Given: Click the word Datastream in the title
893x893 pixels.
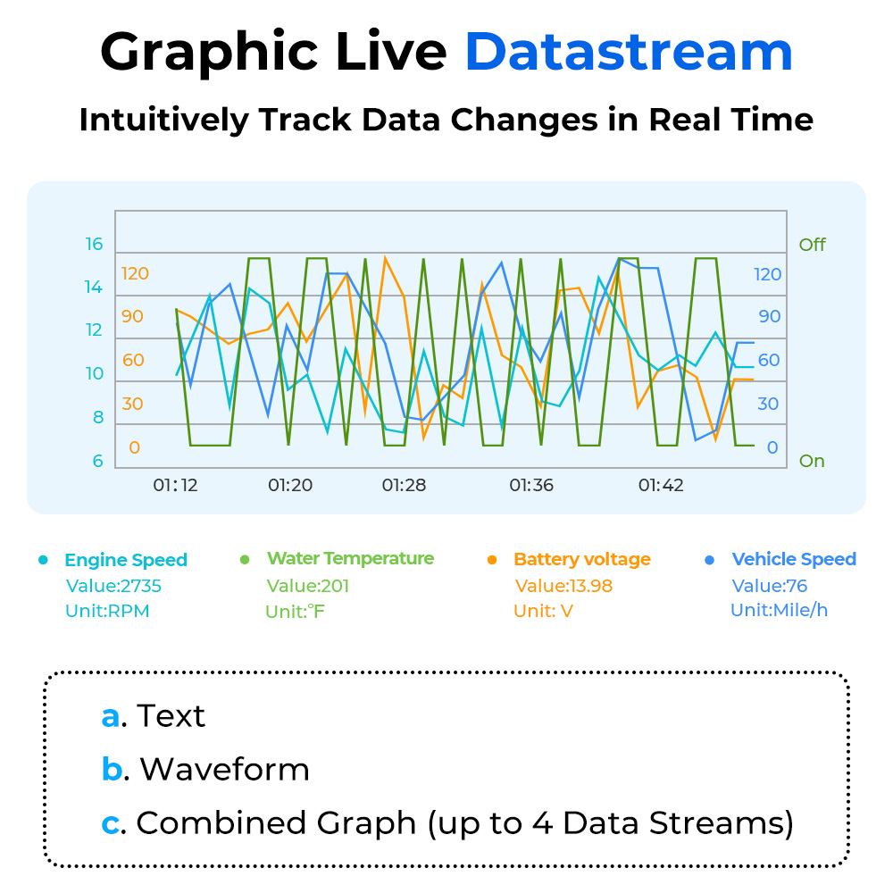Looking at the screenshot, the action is (630, 52).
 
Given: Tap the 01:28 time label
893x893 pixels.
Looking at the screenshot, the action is (404, 485).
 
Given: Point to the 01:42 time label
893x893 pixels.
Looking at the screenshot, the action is (661, 485).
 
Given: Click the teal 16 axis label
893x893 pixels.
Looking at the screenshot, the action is (94, 245).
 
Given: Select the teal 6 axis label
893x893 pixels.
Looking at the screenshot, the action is (98, 461).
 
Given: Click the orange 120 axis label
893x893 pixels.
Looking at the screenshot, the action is (135, 273).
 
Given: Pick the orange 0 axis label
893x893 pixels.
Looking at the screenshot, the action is (135, 447).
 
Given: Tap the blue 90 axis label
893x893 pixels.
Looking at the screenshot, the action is (770, 317).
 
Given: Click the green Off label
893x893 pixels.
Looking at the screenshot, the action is (812, 245).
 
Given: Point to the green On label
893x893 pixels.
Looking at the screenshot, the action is (812, 461).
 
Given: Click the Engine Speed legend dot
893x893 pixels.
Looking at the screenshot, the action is (43, 560).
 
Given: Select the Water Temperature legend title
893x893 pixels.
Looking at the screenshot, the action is (350, 559).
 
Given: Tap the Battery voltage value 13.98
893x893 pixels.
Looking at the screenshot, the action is (586, 586).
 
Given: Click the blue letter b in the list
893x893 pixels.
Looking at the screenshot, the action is (113, 769).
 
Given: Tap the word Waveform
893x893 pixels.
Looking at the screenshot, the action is (224, 770).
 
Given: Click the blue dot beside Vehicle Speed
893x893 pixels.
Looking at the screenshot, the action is (710, 560).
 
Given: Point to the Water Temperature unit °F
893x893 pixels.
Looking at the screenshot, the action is (315, 612).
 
